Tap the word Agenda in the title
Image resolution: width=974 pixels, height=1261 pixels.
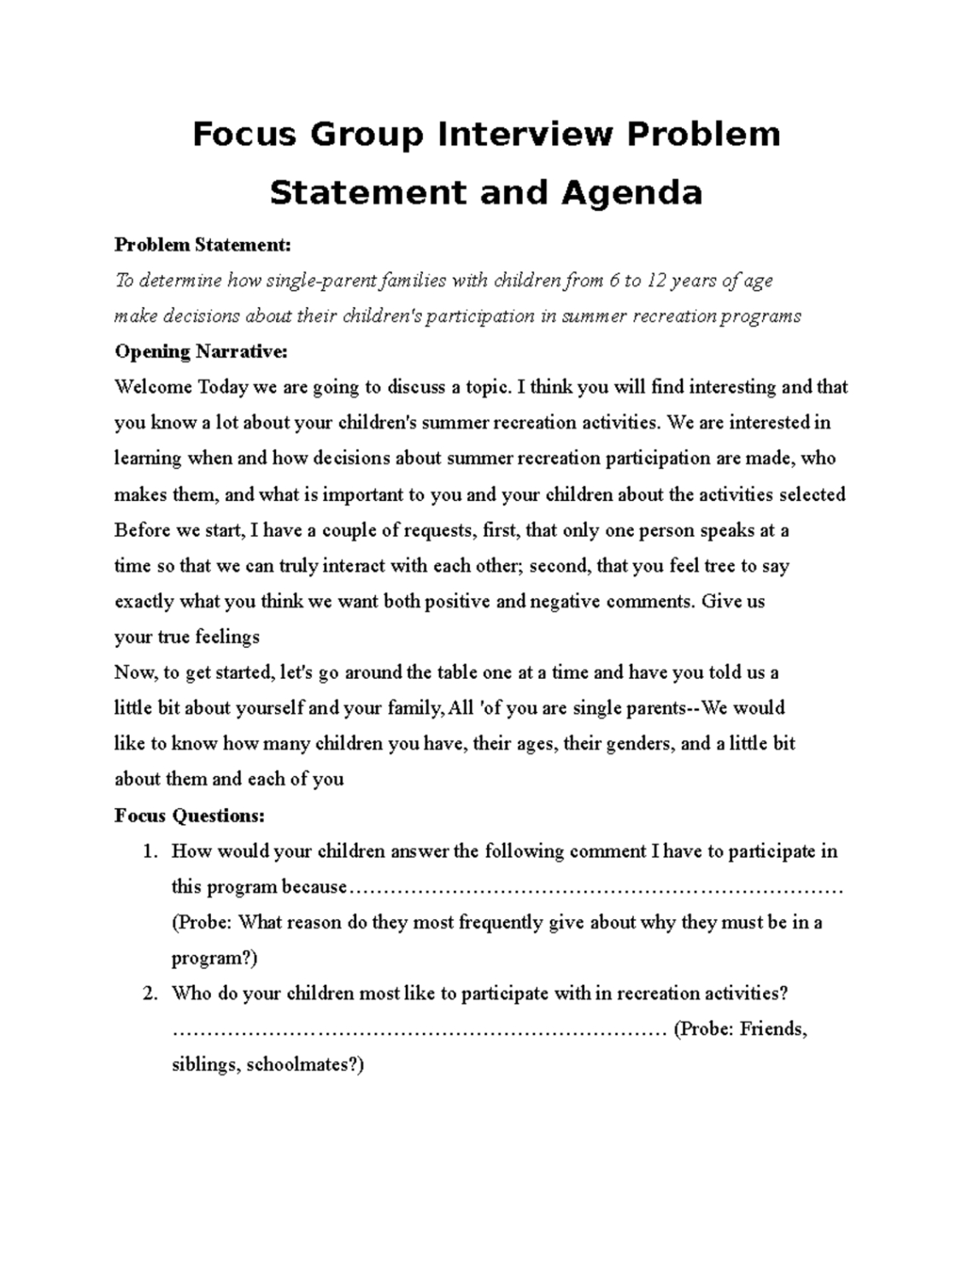coord(631,192)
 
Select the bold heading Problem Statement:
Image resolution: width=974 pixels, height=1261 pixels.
coord(202,245)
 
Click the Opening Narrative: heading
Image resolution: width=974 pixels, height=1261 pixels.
coord(201,351)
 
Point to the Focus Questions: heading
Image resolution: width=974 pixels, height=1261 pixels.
coord(190,816)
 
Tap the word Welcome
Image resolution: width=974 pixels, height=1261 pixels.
coord(153,387)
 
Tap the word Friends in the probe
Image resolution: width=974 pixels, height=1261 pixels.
coord(772,1028)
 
